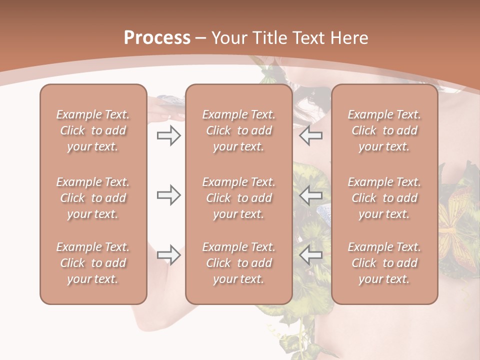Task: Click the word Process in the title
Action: coord(157,38)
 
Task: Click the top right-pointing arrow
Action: coord(168,136)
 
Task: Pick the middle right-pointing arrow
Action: coord(168,195)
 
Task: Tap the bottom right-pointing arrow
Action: coord(168,255)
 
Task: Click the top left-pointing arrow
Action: coord(311,136)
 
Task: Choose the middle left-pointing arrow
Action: coord(311,195)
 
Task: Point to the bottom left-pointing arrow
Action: coord(311,255)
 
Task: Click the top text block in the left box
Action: coord(93,130)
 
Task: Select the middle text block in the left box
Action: coord(93,198)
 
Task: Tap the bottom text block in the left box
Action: coord(93,263)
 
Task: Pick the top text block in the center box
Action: coord(239,130)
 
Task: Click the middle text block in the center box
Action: coord(239,198)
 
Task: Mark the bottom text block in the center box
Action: coord(239,263)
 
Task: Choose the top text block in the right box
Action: coord(384,130)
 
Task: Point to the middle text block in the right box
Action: coord(384,198)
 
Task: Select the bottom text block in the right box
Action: coord(384,263)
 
